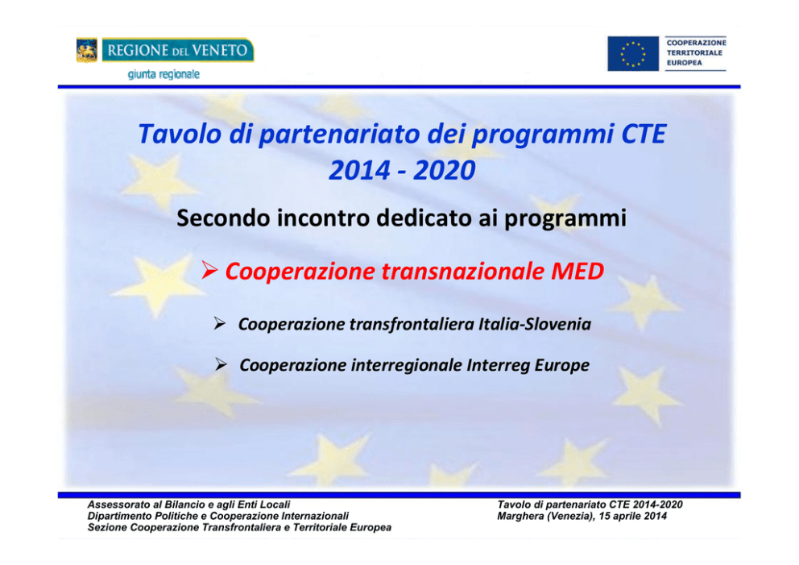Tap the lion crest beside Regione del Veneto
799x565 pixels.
[x=87, y=50]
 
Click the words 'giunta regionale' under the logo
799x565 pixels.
[x=164, y=74]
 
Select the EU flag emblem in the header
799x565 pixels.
[x=633, y=53]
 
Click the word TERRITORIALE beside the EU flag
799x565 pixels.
[x=694, y=52]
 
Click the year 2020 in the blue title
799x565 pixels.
[x=445, y=170]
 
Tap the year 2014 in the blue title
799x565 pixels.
[x=360, y=170]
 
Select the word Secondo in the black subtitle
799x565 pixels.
[x=223, y=218]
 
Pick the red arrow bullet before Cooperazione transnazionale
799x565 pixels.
[x=209, y=270]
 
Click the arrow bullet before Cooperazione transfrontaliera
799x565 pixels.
[x=220, y=323]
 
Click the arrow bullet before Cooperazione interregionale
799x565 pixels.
[x=221, y=364]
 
